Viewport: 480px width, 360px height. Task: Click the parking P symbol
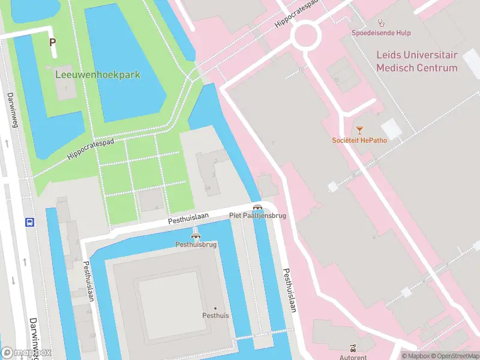click(52, 43)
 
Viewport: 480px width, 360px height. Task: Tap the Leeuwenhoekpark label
click(97, 75)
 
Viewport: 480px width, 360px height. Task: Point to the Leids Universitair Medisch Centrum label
click(416, 61)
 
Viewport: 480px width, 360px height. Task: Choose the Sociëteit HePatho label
click(359, 140)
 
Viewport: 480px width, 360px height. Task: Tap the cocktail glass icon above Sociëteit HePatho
click(359, 129)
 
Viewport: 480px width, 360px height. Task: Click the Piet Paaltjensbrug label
click(257, 215)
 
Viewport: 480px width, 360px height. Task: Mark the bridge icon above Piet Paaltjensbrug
click(257, 206)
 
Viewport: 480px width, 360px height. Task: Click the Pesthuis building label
click(215, 316)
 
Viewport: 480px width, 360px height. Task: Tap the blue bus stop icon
click(29, 222)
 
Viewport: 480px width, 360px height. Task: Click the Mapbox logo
click(26, 352)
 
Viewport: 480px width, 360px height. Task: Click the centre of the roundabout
click(305, 35)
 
